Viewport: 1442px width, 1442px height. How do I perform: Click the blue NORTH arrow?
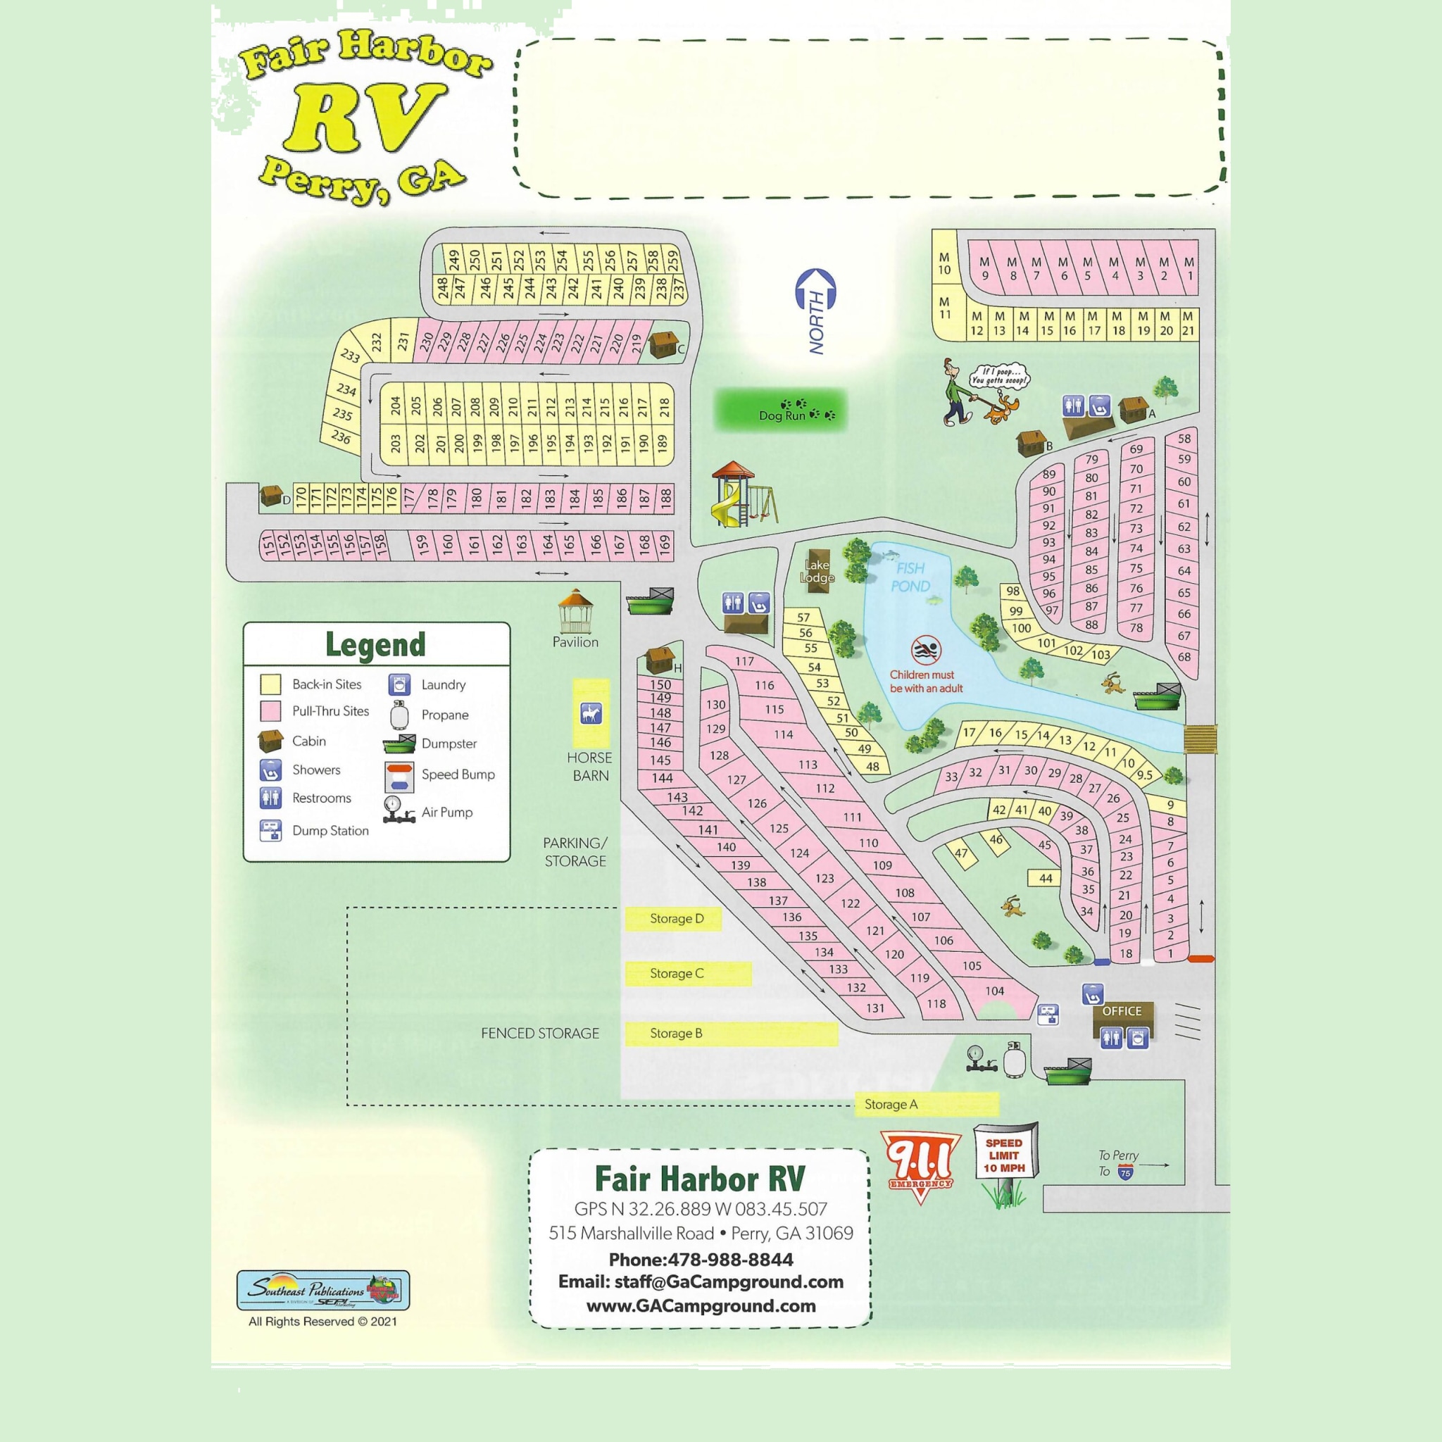coord(817,309)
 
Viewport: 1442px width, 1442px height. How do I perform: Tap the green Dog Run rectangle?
coord(781,410)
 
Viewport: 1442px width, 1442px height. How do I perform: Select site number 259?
coord(672,261)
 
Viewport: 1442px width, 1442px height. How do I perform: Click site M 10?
coord(944,263)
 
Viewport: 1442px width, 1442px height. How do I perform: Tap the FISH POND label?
coord(910,577)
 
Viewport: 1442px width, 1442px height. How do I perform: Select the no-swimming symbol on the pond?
coord(927,651)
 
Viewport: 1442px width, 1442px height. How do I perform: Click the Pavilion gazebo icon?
coord(575,611)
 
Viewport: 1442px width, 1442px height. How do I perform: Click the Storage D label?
coord(675,919)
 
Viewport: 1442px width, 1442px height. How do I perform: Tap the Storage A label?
coord(891,1104)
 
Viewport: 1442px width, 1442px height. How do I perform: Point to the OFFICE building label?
coord(1122,1011)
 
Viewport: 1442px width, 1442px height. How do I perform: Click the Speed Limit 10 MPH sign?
coord(1004,1155)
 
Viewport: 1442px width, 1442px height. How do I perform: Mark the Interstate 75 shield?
coord(1126,1172)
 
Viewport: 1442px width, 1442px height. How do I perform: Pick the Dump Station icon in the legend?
coord(270,830)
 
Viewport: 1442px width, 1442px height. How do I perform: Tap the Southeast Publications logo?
coord(322,1290)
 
